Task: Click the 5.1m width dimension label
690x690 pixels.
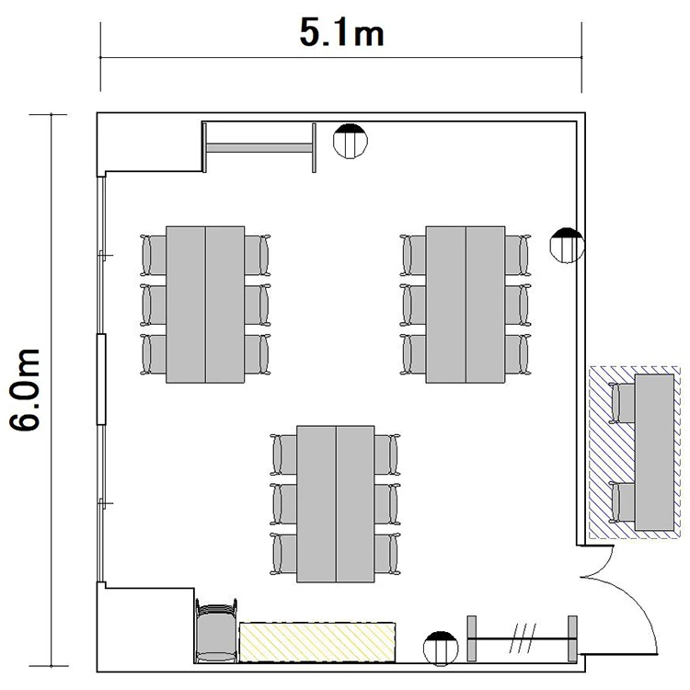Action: [341, 32]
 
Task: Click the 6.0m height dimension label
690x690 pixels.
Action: [25, 390]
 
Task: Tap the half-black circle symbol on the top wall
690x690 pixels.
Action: [350, 141]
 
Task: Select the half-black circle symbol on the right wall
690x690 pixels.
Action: [568, 245]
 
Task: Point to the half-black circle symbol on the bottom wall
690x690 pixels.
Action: [441, 649]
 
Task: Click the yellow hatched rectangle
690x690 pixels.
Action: [316, 642]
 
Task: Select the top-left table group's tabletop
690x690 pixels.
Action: [205, 305]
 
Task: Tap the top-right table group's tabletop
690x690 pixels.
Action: [466, 305]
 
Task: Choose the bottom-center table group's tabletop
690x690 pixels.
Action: [336, 504]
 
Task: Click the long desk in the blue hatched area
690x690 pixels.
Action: [654, 453]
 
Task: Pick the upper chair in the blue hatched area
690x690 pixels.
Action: [622, 403]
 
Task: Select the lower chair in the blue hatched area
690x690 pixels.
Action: [622, 502]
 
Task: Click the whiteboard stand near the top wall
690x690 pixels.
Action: [259, 147]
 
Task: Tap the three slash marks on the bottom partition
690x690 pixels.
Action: [523, 638]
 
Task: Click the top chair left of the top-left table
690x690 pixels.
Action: [153, 255]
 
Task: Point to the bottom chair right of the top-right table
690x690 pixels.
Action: [518, 355]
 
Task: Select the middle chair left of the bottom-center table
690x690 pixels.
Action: [283, 504]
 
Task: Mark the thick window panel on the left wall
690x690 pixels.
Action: [101, 379]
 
